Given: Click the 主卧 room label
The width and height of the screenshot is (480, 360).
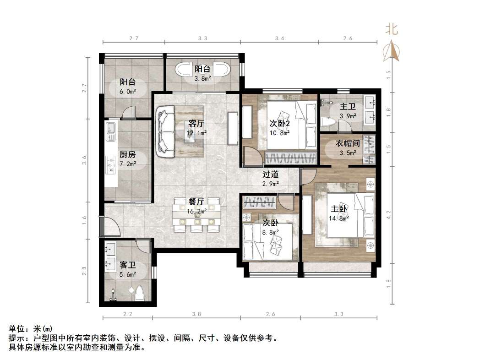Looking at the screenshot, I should [339, 209].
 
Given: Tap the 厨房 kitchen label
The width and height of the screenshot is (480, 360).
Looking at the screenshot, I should [127, 154].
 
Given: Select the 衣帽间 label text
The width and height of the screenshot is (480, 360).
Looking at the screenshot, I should [348, 143].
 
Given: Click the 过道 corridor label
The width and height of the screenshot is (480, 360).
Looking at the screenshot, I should [270, 175].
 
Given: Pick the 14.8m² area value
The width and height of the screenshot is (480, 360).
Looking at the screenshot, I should [339, 218].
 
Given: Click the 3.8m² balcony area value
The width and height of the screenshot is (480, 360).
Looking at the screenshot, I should [202, 78].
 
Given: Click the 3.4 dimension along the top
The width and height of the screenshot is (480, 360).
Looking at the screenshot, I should [279, 38].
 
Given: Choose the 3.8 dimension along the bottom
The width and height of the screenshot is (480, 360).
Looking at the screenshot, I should [197, 314].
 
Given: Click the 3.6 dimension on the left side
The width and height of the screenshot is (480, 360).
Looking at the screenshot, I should [84, 160].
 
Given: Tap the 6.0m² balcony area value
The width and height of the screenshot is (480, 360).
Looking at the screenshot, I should [128, 91].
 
